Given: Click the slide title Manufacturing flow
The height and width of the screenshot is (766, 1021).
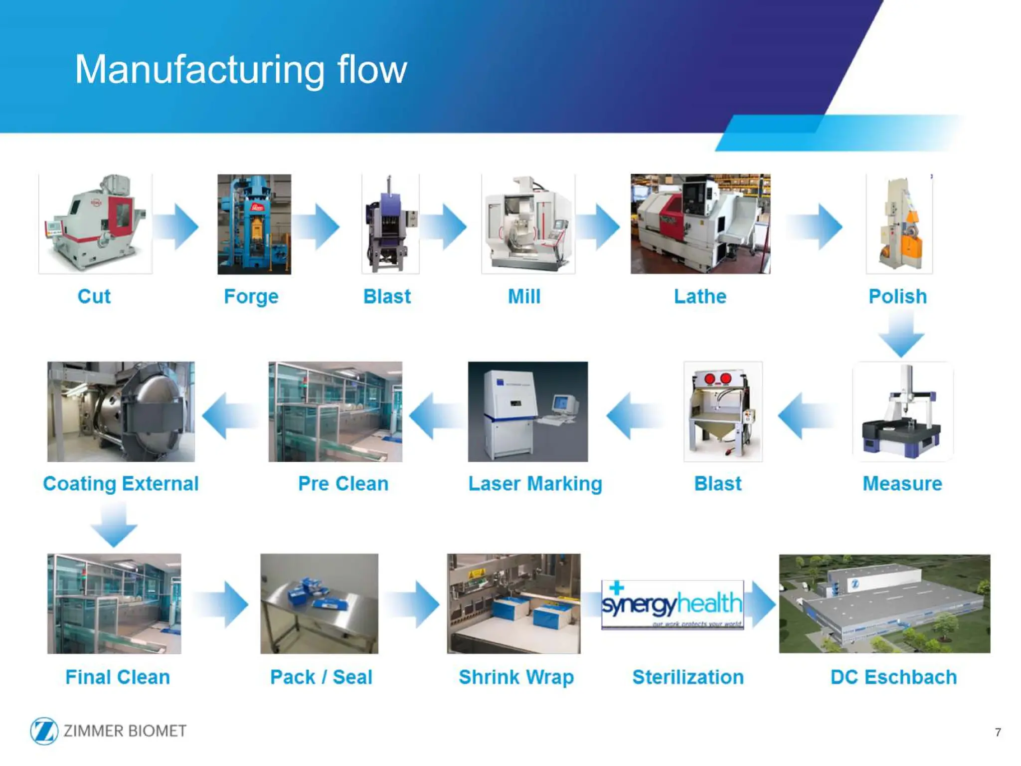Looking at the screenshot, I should coord(241,70).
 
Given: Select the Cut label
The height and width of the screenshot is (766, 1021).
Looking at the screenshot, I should coord(94,296).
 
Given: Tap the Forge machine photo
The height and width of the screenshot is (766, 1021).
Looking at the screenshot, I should coord(254,224).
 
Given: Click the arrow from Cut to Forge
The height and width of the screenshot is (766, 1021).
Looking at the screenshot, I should coord(176,226).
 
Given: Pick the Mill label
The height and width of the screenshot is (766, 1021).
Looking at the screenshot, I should coord(524,296).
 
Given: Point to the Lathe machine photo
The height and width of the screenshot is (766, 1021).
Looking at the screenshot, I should coord(700,224).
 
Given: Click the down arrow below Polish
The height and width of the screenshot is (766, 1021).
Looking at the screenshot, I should coord(901,334).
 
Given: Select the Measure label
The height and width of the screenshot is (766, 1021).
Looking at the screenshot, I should coord(902,484).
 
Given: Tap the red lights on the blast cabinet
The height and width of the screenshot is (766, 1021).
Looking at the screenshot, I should coord(718,379).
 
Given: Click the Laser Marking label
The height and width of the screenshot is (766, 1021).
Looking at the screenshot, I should coord(535,484).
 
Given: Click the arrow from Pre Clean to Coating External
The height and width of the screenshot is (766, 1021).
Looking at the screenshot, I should coord(229,415).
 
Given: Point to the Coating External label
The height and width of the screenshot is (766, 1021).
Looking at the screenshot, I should coord(121,484).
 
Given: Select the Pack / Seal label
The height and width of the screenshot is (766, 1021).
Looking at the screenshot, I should coord(321,677).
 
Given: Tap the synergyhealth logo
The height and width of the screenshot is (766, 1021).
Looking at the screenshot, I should coord(672,604).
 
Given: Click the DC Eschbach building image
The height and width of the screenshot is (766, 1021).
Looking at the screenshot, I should coord(884,603).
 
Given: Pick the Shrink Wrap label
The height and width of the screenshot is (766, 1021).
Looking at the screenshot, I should coord(516,677).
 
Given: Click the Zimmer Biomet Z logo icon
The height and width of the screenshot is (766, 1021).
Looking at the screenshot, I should coord(44,731).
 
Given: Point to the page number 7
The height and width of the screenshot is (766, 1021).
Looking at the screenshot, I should coord(998,732).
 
